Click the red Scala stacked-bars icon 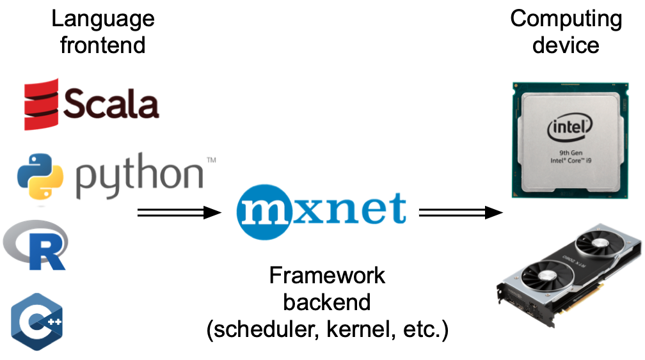point(42,104)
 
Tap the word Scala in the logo point(111,104)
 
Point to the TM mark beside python point(210,159)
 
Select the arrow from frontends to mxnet point(179,212)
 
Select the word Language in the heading point(103,19)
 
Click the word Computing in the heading point(566,19)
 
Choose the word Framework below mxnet point(327,275)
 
